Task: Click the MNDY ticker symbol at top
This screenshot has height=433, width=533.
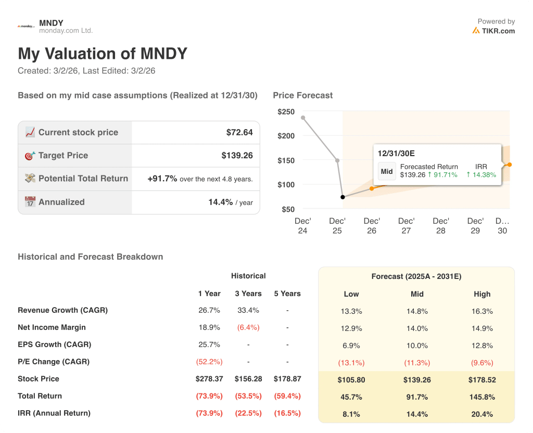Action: (51, 23)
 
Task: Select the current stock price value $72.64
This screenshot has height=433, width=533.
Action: (239, 133)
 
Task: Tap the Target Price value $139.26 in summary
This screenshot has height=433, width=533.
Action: (237, 156)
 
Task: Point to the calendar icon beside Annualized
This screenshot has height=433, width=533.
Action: (30, 202)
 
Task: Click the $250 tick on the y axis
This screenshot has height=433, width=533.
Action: (286, 112)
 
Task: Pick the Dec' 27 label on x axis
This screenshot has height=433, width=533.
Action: (406, 226)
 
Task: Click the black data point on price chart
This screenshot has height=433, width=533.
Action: (342, 197)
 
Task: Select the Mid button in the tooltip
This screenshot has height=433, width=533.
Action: (387, 171)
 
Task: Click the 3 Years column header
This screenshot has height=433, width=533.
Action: (248, 294)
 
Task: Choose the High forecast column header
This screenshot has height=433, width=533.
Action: (482, 294)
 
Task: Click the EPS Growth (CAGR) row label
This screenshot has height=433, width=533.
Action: (54, 345)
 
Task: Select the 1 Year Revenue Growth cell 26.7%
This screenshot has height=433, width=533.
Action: (209, 311)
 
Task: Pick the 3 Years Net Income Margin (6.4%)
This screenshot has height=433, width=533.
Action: (248, 328)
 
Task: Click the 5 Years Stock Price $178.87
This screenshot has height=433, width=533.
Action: (287, 379)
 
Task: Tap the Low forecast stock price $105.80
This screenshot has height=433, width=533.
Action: (351, 380)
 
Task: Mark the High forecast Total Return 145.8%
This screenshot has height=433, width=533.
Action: (482, 397)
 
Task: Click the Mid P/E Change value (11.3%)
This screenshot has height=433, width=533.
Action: (417, 363)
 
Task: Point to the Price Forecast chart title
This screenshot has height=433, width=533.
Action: (302, 95)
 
